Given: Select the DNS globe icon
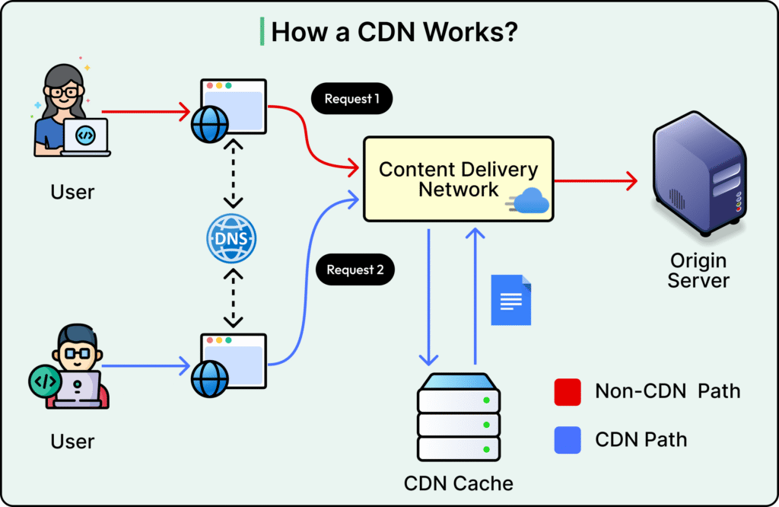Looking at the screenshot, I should (x=232, y=239).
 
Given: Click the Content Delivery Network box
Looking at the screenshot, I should (x=458, y=178).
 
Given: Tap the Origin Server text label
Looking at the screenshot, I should (x=698, y=270).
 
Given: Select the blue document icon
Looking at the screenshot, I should (x=510, y=300).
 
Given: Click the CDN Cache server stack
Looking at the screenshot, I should (x=459, y=415).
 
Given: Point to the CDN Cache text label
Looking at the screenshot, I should (x=459, y=483).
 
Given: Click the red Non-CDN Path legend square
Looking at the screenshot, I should (x=568, y=392).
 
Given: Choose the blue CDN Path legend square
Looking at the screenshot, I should (x=568, y=440).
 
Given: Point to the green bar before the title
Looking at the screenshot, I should (x=262, y=32).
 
